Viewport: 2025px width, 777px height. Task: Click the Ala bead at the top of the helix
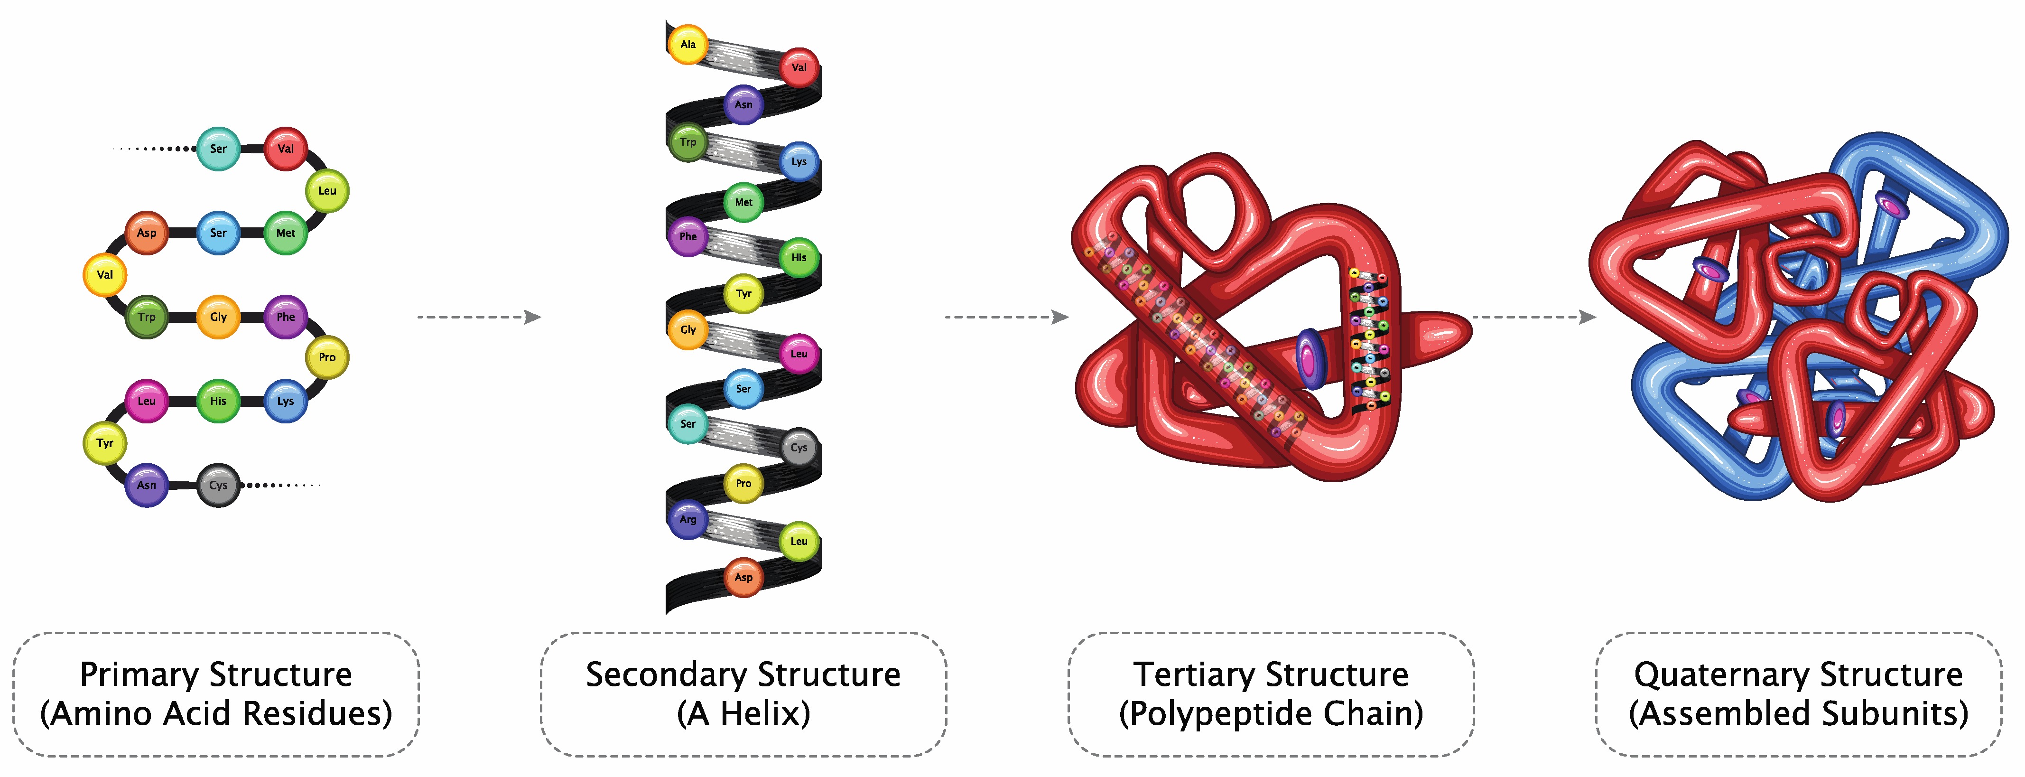click(x=688, y=44)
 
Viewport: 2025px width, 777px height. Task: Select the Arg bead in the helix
click(x=688, y=520)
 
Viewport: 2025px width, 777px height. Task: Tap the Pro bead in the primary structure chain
click(x=327, y=357)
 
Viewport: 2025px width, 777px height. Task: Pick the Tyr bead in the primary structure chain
click(x=104, y=443)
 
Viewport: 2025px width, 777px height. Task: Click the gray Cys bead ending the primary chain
click(x=218, y=485)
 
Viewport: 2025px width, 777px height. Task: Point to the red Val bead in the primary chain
click(x=285, y=149)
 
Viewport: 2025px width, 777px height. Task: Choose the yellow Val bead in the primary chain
click(x=104, y=274)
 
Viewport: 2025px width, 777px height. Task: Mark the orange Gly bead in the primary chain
click(x=218, y=317)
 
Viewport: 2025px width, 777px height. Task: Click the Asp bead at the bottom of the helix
click(x=743, y=577)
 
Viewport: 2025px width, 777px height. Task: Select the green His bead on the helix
click(x=799, y=257)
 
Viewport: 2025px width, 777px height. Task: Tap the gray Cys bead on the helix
click(x=799, y=448)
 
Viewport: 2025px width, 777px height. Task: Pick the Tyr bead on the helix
click(x=743, y=293)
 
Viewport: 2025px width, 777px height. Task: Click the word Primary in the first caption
click(x=139, y=675)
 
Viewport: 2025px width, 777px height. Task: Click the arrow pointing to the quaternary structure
click(x=1533, y=317)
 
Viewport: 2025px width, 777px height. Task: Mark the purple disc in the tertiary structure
click(x=1309, y=359)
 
